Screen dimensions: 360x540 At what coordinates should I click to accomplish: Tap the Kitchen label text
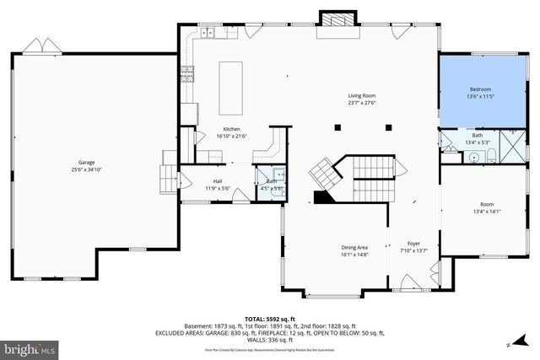208,129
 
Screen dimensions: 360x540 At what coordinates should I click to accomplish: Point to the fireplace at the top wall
331,19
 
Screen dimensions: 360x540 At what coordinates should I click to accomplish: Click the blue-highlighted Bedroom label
480,89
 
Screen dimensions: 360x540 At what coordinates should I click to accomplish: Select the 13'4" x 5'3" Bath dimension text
478,142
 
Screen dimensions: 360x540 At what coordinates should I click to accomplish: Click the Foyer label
413,243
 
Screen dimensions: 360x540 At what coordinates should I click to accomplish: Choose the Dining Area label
354,247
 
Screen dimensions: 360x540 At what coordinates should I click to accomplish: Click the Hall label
218,181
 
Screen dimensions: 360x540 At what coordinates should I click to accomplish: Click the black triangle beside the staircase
322,197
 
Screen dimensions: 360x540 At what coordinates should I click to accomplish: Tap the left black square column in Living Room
337,127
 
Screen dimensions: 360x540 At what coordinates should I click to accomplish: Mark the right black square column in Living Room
387,127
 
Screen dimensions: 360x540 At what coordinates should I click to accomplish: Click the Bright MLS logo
29,347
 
